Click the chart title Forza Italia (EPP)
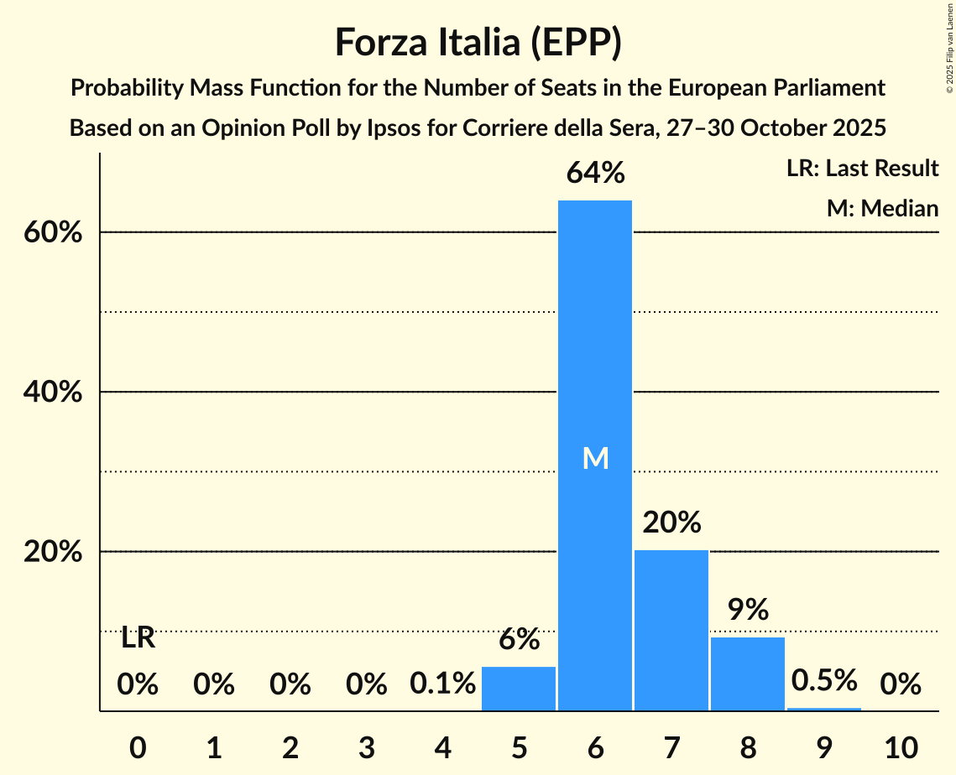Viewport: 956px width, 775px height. tap(478, 43)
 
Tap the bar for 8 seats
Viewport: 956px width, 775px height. tap(748, 674)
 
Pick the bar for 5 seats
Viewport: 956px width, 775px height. tap(519, 689)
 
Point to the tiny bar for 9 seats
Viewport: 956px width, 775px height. tap(824, 709)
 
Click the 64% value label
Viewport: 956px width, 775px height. tap(595, 173)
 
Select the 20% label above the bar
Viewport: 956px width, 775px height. tap(671, 523)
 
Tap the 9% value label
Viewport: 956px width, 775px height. tap(748, 610)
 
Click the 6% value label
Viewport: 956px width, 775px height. tap(519, 639)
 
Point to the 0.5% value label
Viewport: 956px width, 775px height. tap(824, 680)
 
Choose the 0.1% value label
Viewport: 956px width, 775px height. tap(442, 684)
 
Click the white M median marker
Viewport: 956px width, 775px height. tap(595, 458)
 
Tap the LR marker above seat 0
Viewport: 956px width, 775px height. tap(138, 638)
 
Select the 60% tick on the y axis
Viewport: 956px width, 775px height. tap(53, 232)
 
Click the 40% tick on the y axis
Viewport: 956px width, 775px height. tap(53, 393)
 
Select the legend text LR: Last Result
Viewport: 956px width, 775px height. tap(862, 169)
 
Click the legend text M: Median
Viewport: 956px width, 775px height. tap(882, 208)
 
